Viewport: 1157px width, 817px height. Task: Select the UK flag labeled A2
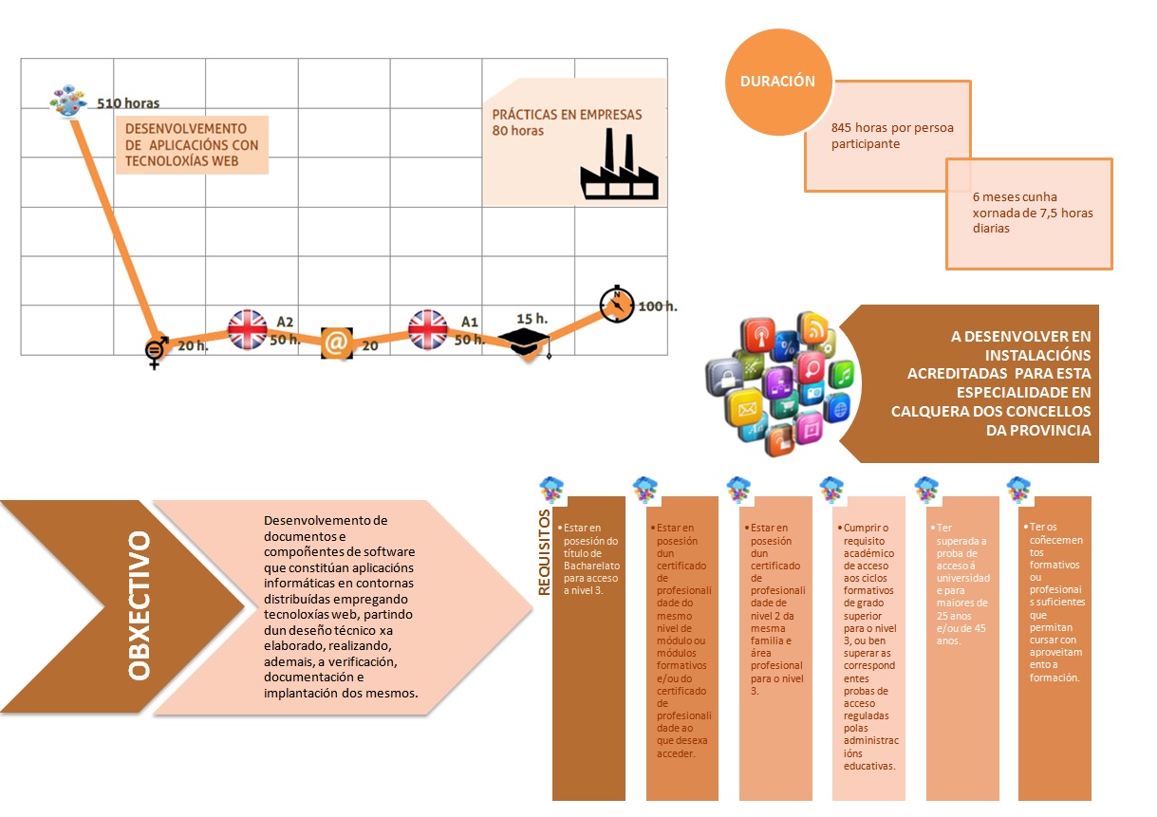tap(248, 329)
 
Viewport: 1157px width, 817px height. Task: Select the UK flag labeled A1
tap(428, 329)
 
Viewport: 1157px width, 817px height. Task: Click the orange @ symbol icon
tap(336, 343)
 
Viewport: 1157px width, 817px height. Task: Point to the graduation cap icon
tap(525, 342)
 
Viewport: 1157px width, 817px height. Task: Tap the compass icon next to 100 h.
tap(617, 305)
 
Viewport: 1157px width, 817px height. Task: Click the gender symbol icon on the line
tap(157, 351)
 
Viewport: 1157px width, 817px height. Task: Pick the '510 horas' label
tap(128, 102)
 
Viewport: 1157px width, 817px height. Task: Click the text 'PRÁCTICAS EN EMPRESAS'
tap(567, 115)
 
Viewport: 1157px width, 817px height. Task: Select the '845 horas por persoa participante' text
tap(878, 136)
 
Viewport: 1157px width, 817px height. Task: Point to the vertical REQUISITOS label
tap(544, 553)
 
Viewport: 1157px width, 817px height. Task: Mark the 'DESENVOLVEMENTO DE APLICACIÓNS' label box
tap(193, 145)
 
